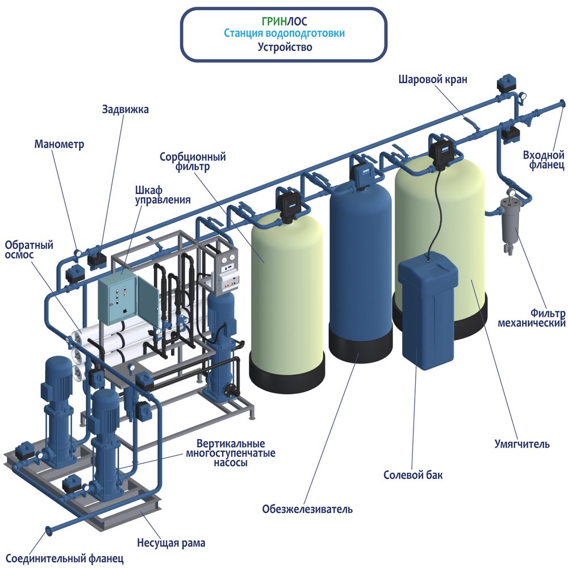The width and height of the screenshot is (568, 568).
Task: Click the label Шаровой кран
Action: coord(432,80)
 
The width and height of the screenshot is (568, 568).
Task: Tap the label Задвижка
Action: coord(126,109)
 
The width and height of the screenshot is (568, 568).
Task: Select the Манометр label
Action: coord(59,144)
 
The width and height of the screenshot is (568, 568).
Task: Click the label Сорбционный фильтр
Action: coord(193,161)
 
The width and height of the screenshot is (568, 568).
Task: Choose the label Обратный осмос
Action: coord(29,250)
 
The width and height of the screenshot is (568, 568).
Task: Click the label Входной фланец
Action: coord(544,160)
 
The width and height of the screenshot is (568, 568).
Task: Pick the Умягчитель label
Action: coord(522,444)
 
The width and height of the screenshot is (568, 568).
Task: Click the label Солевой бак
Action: coord(413,475)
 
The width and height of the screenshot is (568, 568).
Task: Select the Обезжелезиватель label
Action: coord(307,509)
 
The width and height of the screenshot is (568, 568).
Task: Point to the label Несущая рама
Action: coord(171,543)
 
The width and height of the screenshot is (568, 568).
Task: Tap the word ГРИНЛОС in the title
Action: coord(284,22)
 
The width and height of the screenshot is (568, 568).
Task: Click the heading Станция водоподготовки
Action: coord(284,34)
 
